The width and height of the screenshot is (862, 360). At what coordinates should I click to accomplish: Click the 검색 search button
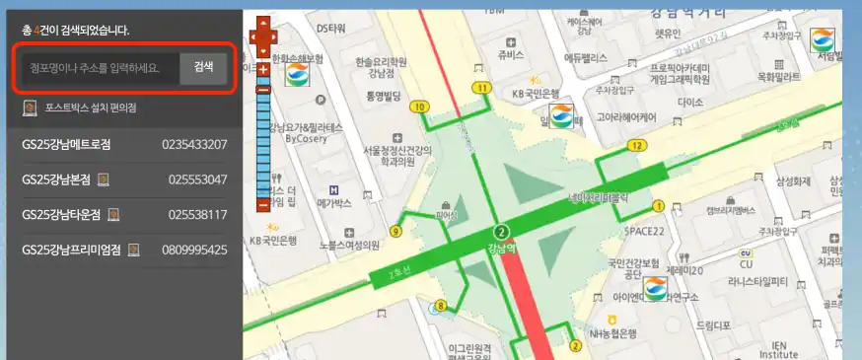pyautogui.click(x=203, y=67)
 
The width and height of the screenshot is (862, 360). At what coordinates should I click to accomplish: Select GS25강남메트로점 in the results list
pyautogui.click(x=66, y=144)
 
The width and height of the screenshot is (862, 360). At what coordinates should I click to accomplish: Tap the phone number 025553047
pyautogui.click(x=197, y=180)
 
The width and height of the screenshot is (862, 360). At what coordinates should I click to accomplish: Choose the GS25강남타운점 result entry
pyautogui.click(x=61, y=214)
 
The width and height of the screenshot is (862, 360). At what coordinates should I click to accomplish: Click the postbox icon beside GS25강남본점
pyautogui.click(x=104, y=180)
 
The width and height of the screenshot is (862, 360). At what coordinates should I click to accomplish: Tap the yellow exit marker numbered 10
pyautogui.click(x=421, y=107)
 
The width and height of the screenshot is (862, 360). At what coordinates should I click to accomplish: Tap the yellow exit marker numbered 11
pyautogui.click(x=481, y=88)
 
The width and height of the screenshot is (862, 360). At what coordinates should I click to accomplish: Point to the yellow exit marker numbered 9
pyautogui.click(x=396, y=232)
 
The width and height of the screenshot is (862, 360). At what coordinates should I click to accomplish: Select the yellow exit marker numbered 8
pyautogui.click(x=441, y=305)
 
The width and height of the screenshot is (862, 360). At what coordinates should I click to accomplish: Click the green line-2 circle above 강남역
pyautogui.click(x=501, y=233)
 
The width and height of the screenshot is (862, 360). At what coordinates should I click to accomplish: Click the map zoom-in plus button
pyautogui.click(x=263, y=71)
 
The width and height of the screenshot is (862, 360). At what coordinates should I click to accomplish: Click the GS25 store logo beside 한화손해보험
pyautogui.click(x=298, y=75)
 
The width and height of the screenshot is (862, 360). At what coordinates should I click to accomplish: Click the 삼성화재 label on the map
pyautogui.click(x=792, y=180)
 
